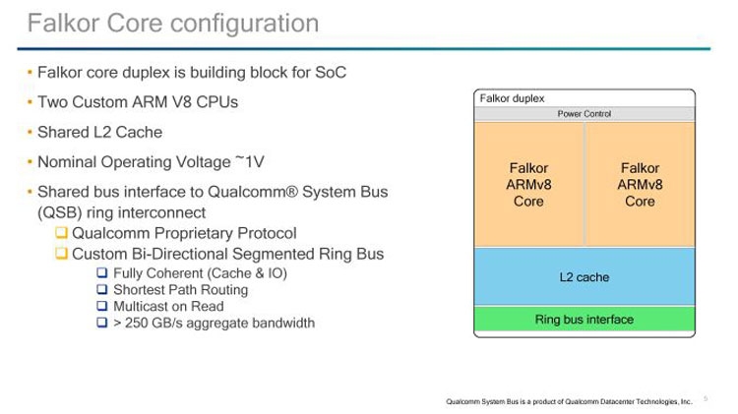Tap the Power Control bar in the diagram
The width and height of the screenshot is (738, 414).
[x=584, y=114]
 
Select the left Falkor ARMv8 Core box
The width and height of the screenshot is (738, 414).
[x=528, y=185]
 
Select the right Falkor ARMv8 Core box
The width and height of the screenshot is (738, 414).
[x=640, y=185]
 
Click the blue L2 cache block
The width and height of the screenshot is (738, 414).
[x=584, y=277]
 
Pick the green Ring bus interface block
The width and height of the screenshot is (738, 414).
[x=584, y=320]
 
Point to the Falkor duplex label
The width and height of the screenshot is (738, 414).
[x=512, y=97]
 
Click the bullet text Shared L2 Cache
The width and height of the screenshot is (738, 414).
[x=98, y=132]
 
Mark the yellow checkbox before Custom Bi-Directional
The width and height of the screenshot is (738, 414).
[x=61, y=255]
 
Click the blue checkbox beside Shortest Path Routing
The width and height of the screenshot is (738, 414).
[x=101, y=290]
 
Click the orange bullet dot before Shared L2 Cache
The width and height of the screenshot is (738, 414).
[x=30, y=132]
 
